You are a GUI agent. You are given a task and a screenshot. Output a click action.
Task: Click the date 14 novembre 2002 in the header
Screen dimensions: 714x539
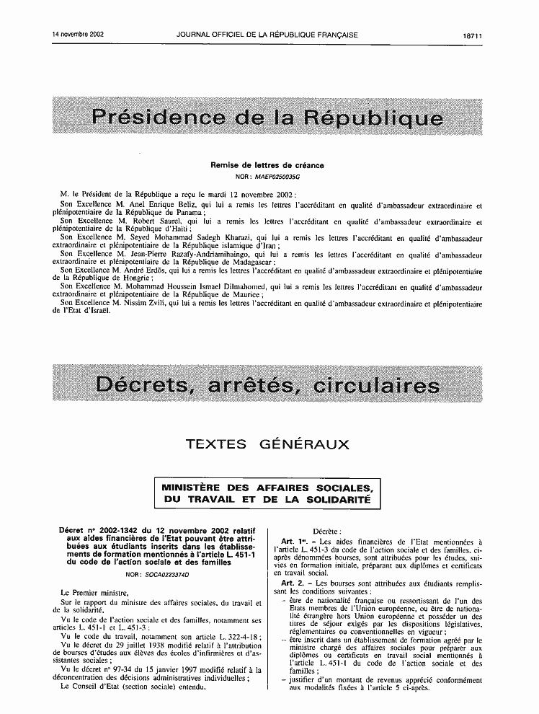pos(79,34)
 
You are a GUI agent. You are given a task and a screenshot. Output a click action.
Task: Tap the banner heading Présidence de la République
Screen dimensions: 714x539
pos(267,117)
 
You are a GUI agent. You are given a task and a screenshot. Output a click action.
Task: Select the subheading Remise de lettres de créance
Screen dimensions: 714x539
pos(267,165)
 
